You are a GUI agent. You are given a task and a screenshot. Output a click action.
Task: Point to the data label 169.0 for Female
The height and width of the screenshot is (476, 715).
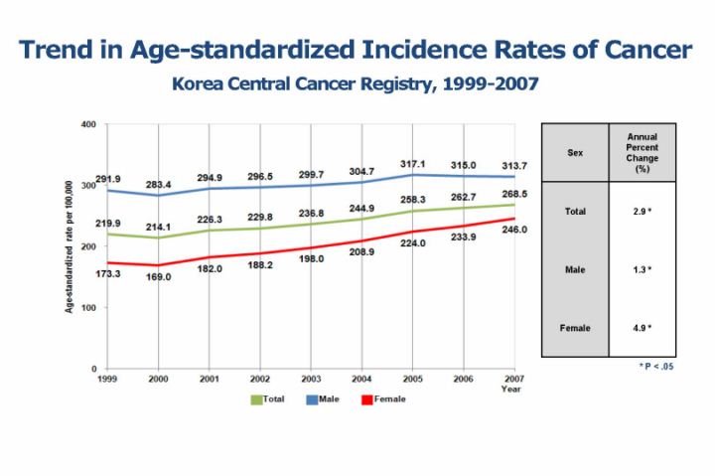pos(159,277)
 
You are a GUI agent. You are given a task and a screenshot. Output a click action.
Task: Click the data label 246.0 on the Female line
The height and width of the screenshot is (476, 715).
pos(513,230)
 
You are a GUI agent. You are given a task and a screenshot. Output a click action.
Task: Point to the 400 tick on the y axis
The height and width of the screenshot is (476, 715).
pos(87,124)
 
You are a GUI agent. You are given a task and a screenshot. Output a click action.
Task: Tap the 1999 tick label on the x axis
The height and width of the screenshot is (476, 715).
pos(107,380)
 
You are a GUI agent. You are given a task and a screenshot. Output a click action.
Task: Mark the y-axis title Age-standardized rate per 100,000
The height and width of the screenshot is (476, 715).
pos(71,248)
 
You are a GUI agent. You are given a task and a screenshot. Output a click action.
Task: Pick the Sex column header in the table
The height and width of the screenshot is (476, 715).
pos(574,154)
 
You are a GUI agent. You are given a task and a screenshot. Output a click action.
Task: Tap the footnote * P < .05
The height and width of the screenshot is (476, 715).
pos(657,367)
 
